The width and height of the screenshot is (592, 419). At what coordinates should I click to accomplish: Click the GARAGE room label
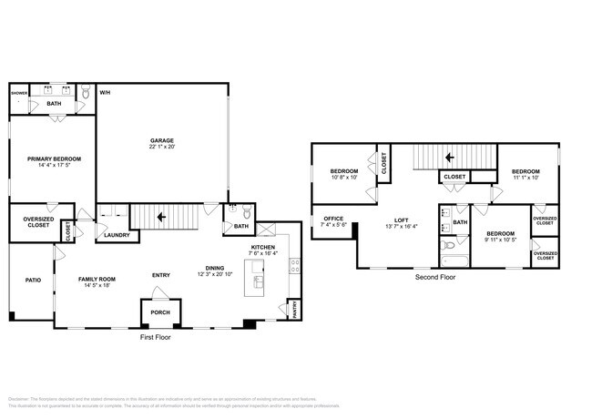tap(163, 140)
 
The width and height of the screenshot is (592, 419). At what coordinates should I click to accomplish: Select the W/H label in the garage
tap(105, 93)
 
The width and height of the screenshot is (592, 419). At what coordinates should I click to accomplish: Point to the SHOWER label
tap(19, 93)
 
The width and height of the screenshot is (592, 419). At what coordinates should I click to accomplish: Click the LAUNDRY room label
tap(116, 235)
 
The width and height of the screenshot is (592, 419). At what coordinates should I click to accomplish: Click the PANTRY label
tap(293, 311)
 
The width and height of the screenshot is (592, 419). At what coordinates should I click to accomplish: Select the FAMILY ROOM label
tap(94, 279)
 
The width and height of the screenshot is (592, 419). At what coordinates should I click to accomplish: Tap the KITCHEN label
tap(262, 247)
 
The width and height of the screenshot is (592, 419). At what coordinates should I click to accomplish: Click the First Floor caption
tap(154, 337)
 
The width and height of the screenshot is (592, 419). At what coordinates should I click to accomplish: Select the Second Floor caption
tap(435, 277)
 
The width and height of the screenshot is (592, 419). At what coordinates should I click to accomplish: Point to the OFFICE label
tap(333, 219)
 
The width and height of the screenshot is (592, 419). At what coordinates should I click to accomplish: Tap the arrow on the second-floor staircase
tap(449, 156)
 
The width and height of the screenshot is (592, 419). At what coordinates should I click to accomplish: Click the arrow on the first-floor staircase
tap(161, 218)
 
